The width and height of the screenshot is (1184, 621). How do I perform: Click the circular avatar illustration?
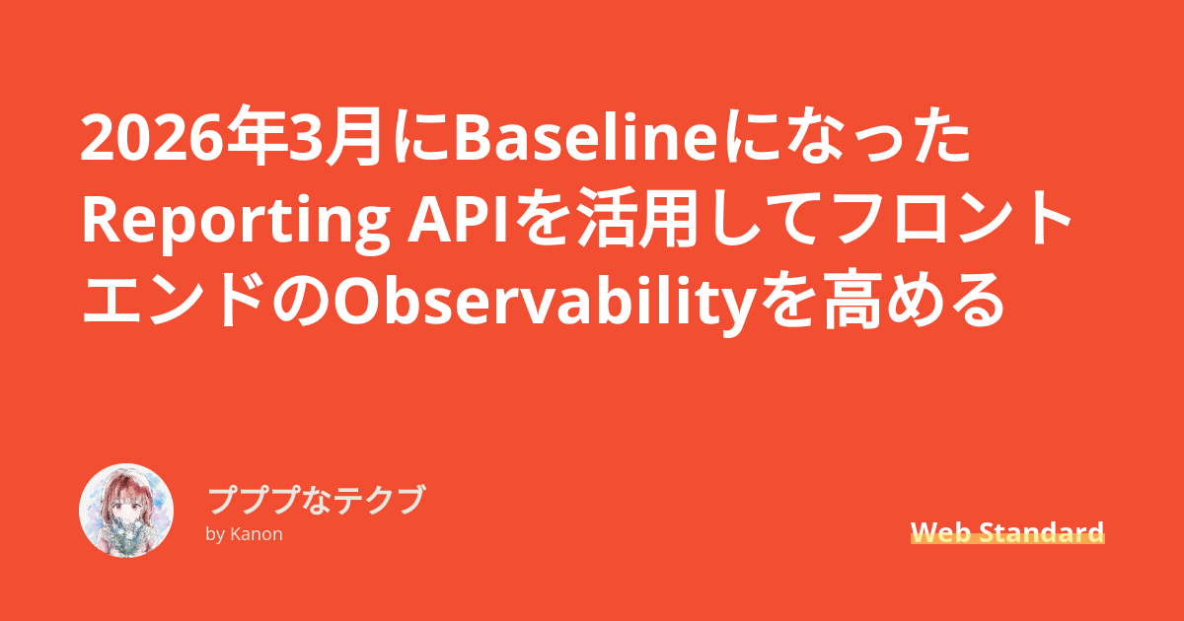coord(126,511)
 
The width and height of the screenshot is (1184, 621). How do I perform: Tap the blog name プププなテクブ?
coord(316,500)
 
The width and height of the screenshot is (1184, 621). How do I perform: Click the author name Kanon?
coord(257,534)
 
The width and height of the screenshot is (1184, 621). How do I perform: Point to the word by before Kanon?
coord(216,535)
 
